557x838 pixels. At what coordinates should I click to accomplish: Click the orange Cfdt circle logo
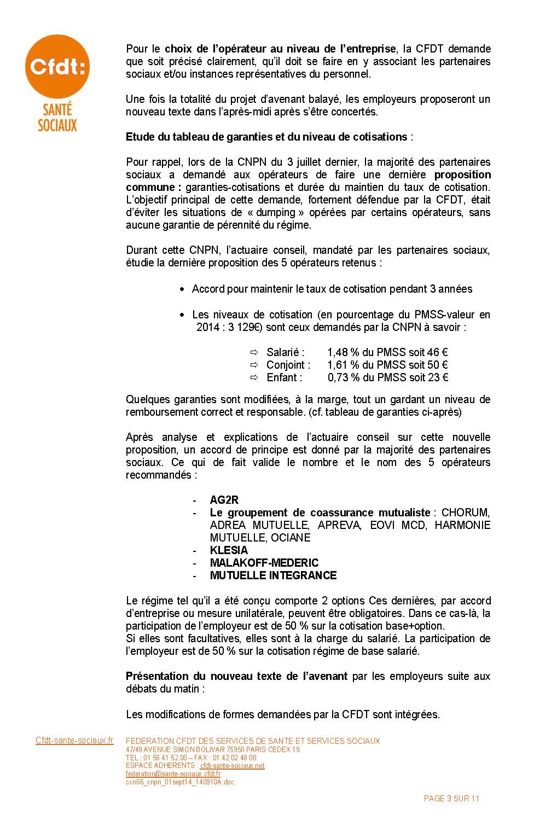tap(57, 67)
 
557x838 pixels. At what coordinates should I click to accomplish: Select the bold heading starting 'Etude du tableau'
tap(266, 137)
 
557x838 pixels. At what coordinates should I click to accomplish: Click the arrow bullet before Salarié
tap(254, 352)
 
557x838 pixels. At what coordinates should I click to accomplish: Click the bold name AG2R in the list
tap(224, 500)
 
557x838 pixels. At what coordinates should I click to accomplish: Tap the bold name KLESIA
tap(229, 550)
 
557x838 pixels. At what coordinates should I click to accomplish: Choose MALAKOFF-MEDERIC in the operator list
tap(264, 563)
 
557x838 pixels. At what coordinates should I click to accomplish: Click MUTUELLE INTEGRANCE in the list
tap(273, 575)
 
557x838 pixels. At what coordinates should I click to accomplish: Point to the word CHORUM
tap(465, 513)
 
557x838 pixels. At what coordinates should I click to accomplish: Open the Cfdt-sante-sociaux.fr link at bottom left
tap(74, 741)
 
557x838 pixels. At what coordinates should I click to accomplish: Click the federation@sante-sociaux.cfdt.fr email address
tap(173, 774)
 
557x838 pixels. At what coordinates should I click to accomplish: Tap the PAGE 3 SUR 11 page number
tap(451, 799)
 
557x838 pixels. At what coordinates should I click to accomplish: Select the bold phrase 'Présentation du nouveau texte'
tap(236, 676)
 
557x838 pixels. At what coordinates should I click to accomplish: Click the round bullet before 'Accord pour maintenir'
tap(183, 289)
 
